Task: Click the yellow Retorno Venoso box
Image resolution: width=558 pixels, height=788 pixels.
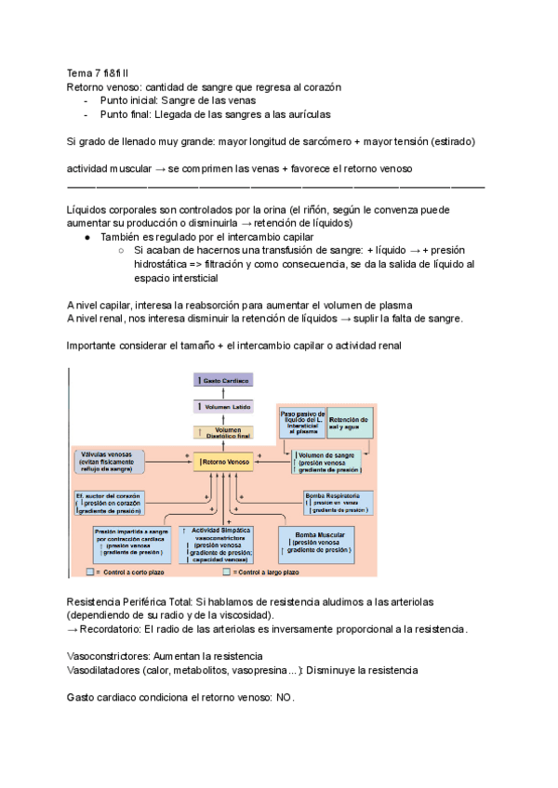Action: coord(222,459)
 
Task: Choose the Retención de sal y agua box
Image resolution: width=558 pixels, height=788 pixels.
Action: coord(349,423)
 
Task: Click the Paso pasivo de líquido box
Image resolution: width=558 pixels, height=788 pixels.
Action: coord(303,423)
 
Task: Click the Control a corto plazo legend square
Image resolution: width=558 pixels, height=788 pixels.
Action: coord(89,571)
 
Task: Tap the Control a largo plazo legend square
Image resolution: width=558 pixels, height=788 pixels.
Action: coord(214,571)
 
